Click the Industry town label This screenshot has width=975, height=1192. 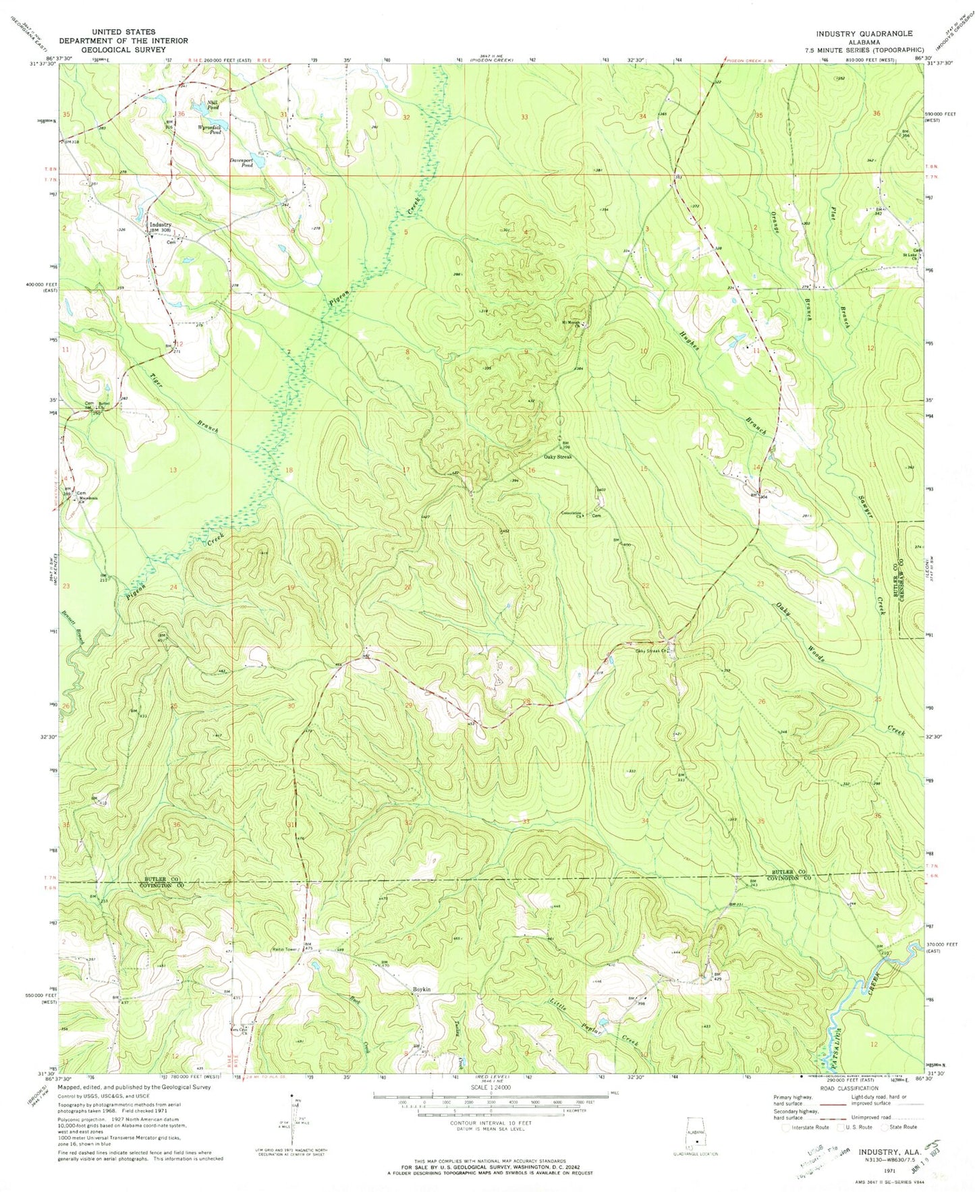coord(161,225)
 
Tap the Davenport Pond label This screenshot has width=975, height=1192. coord(242,162)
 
